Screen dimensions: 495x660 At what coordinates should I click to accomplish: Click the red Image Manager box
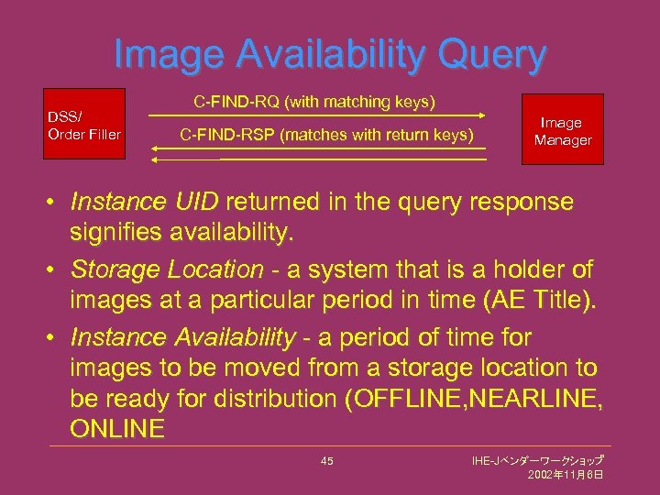(563, 129)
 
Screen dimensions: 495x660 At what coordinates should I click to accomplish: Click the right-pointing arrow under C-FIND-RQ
(316, 115)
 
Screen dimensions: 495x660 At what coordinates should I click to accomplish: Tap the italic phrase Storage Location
(167, 269)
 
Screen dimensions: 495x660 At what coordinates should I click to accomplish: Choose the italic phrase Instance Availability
(182, 338)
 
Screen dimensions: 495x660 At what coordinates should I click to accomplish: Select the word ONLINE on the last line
(116, 429)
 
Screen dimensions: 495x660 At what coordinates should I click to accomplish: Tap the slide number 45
(327, 460)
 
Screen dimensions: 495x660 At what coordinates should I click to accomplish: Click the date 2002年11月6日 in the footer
(565, 475)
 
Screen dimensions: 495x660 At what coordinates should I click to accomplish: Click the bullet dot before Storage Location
(56, 270)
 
